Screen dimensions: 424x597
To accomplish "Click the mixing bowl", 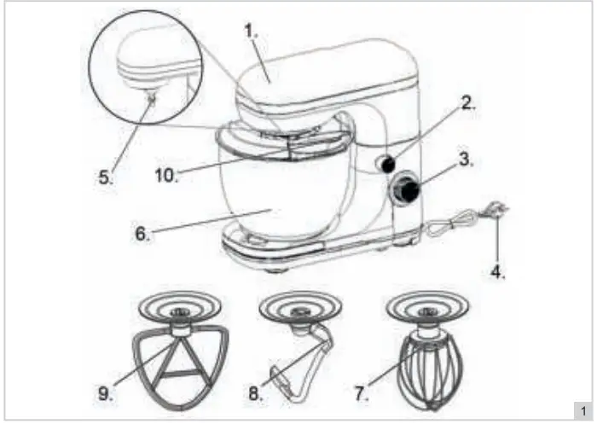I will tap(273, 200).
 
